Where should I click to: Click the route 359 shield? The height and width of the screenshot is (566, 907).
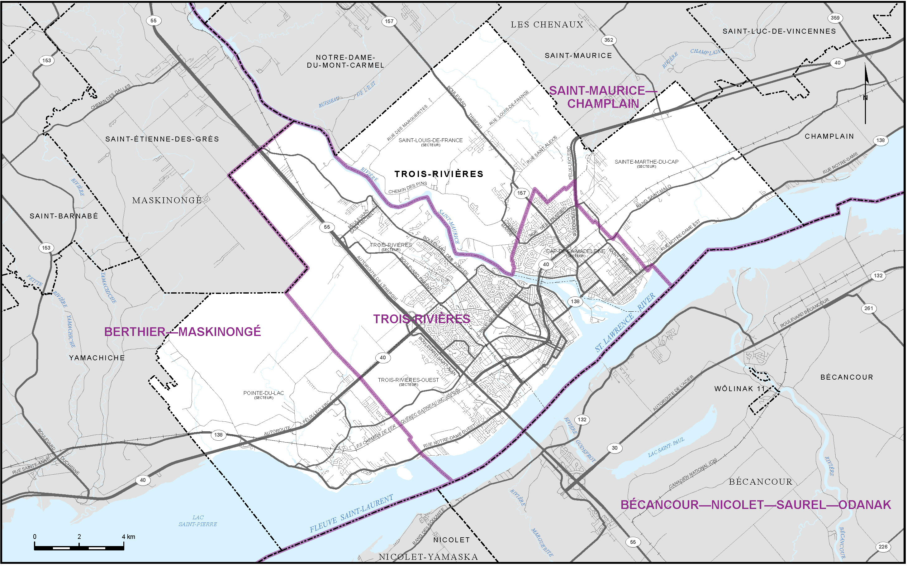coord(835,17)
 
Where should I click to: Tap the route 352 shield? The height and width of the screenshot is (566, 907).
coord(609,40)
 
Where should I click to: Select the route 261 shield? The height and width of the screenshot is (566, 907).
coord(868,309)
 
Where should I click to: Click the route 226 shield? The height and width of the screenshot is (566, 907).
coord(883,547)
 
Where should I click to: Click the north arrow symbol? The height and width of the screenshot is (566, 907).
coord(865,94)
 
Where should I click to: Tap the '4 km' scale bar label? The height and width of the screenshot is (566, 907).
coord(128,537)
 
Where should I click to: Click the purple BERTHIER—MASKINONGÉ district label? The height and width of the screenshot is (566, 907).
coord(183,332)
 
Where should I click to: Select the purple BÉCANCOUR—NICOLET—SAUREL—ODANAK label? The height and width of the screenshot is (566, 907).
coord(756,505)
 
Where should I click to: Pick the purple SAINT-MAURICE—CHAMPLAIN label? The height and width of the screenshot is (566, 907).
coord(603,97)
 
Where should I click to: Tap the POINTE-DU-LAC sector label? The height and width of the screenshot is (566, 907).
coord(264,395)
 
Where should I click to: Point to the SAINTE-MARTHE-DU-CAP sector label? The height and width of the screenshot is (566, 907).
coord(646,163)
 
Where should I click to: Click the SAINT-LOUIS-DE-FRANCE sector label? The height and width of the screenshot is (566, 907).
coord(430,141)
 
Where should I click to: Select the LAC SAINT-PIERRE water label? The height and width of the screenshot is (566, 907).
coord(197,521)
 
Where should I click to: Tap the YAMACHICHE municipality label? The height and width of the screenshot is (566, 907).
coord(97,358)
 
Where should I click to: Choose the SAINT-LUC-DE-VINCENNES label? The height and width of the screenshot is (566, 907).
coord(779,31)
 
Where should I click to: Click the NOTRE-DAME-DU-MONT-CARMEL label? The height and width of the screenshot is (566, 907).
coord(345,61)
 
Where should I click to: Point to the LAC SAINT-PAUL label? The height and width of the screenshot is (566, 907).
coord(666,447)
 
